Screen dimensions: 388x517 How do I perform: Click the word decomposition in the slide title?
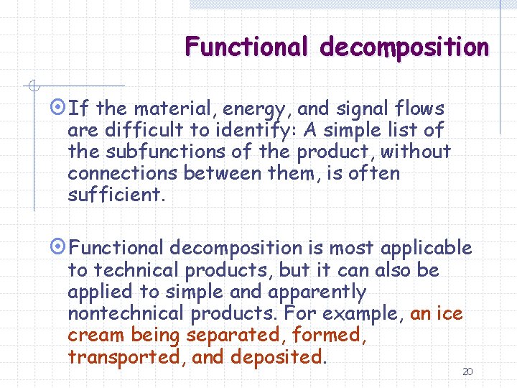404,47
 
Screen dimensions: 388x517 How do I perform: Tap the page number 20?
467,371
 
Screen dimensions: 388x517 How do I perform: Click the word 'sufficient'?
113,195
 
